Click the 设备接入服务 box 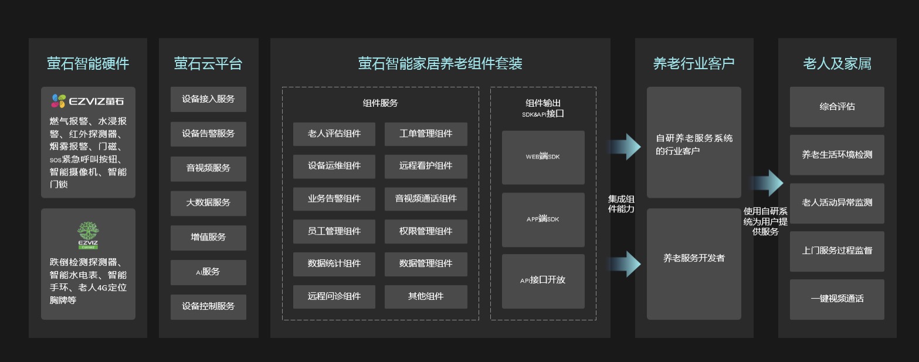coord(208,99)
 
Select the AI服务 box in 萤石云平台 coord(208,272)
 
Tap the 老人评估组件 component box coord(334,134)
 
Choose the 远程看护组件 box coord(426,166)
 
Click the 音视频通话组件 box coord(426,199)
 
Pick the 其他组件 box coord(426,296)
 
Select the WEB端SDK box coord(543,157)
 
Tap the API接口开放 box coord(543,280)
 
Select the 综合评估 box coord(837,107)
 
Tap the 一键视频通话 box coord(837,299)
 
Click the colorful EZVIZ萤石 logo coord(88,101)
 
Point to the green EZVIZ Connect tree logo coord(88,235)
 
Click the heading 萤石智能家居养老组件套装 coord(440,63)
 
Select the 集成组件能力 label coord(621,204)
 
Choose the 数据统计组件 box coord(334,264)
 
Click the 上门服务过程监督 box coord(837,251)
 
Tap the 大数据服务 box coord(208,203)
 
